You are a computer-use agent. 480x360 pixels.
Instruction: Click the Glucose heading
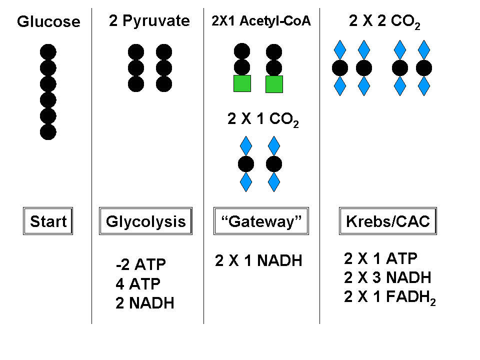coord(48,22)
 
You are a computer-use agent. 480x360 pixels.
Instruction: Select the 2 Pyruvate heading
coord(149,21)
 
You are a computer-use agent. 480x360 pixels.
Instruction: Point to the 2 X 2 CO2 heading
coord(384,21)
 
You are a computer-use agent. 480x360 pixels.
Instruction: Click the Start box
coord(48,221)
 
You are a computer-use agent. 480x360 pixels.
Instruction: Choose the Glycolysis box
coord(145,221)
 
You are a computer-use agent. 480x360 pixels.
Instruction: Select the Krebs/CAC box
coord(388,221)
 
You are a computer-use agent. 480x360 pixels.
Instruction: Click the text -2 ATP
coord(140,264)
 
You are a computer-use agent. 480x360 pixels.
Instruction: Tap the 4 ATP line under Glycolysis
coord(137,284)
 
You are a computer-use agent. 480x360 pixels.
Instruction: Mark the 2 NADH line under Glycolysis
coord(144,303)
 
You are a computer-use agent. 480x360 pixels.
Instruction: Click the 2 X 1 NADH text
coord(258,261)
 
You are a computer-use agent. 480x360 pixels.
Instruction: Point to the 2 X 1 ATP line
coord(380,258)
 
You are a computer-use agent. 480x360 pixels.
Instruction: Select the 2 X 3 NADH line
coord(387,277)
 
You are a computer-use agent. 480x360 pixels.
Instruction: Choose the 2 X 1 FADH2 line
coord(390,297)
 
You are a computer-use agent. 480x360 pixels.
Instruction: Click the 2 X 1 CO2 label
coord(262,120)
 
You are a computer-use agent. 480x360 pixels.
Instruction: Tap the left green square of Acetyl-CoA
coord(242,84)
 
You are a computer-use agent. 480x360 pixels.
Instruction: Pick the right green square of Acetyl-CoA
coord(274,84)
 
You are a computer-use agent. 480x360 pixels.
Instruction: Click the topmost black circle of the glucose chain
coord(48,52)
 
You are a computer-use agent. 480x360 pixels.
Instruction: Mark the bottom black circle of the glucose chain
coord(48,132)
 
